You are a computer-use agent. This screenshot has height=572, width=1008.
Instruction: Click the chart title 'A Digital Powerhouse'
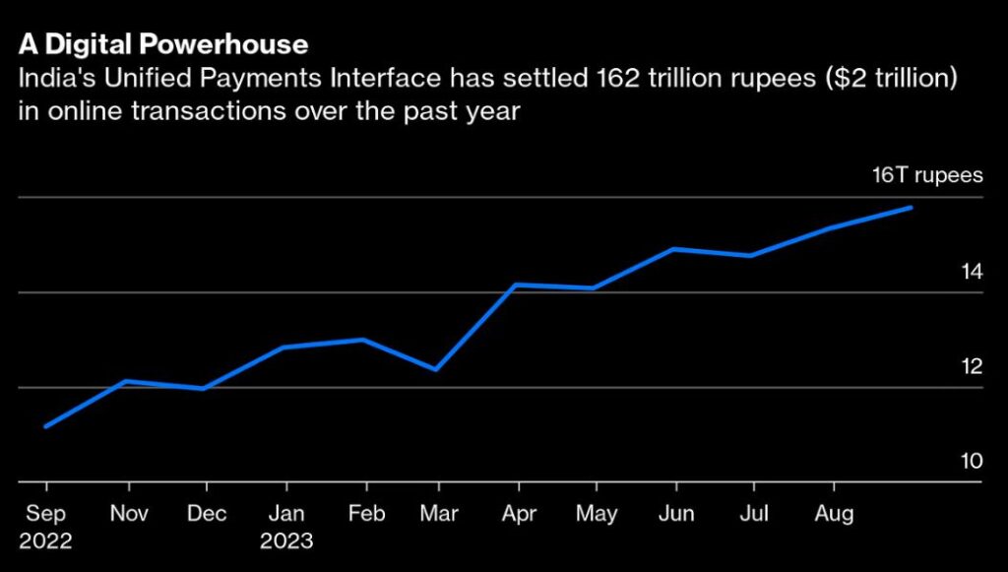click(162, 44)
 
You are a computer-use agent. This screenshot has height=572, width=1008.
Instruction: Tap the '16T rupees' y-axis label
click(928, 176)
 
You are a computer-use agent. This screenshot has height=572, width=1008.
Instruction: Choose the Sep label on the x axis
click(44, 514)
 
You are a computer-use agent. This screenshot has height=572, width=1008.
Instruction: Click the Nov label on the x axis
click(129, 514)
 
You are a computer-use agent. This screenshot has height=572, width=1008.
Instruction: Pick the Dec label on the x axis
click(206, 514)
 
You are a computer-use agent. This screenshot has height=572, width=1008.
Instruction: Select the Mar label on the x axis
click(437, 514)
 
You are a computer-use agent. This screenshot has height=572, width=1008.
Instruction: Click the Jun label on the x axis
click(674, 514)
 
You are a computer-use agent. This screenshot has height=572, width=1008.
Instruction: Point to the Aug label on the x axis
click(834, 514)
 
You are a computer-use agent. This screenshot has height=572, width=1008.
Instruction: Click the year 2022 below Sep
click(44, 541)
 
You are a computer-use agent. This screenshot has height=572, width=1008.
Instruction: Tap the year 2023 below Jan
click(286, 541)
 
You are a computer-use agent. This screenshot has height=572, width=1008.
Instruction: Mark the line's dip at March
click(436, 369)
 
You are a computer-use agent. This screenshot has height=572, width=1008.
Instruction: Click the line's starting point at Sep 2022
click(46, 426)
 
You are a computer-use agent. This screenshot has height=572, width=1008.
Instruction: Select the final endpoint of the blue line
click(912, 208)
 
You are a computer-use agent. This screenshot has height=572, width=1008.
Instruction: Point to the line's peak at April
click(516, 285)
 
